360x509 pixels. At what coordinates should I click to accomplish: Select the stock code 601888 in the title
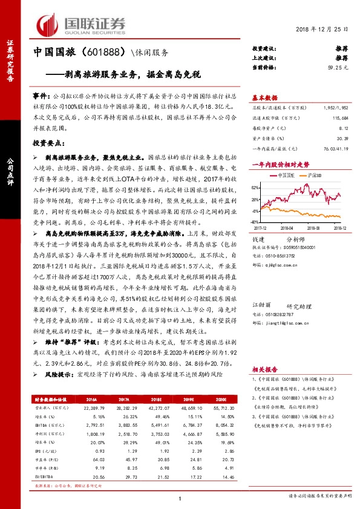pos(92,53)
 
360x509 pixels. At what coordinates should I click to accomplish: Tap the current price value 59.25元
pos(339,68)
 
